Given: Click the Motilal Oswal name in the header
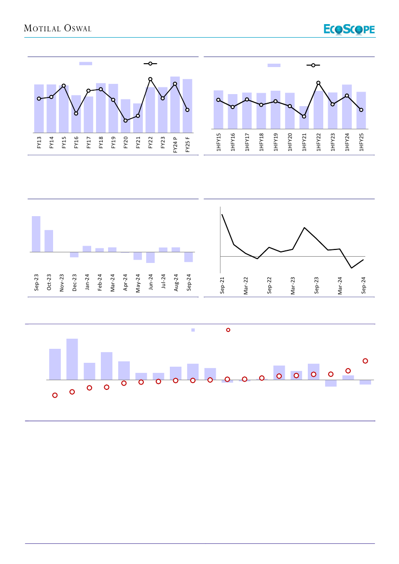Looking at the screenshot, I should pos(58,28).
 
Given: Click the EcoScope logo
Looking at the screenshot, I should pos(349,29).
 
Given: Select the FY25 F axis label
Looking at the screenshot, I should pos(188,144).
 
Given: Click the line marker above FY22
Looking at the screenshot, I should pos(150,79).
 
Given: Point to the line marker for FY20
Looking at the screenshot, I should pos(125,121).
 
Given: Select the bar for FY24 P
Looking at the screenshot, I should pos(175,104).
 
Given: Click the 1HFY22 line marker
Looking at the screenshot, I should pos(318,83).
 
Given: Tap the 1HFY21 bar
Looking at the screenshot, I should pos(304,117).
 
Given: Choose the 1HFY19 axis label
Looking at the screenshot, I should pos(275,143).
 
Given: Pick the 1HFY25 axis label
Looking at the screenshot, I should pos(361,143).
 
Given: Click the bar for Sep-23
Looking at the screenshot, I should pos(36,234).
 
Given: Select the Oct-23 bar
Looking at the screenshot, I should pos(49,241).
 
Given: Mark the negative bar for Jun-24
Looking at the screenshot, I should pos(151,257).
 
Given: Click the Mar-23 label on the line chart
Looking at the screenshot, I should pos(293,285).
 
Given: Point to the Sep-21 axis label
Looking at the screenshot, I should pos(222,285).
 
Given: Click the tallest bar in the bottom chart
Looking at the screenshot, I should pos(72,359).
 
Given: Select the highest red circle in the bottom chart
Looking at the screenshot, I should pos(365,361).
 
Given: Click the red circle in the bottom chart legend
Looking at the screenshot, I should pos(228,330).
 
